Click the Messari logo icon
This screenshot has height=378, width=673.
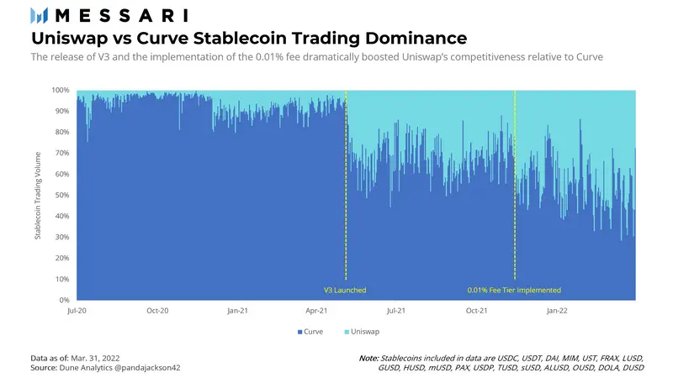click(39, 15)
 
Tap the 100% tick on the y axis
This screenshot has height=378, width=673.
click(61, 90)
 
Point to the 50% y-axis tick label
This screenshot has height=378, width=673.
click(62, 195)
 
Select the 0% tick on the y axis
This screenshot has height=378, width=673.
click(65, 300)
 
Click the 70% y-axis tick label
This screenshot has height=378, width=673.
click(62, 153)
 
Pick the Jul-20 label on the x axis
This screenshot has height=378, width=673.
click(77, 311)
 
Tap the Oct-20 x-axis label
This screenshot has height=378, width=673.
click(156, 311)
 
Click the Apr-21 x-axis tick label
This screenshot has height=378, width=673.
click(316, 311)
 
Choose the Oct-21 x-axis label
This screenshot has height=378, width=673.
click(476, 311)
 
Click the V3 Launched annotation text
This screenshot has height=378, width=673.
click(345, 290)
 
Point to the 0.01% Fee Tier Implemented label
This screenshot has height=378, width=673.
click(514, 290)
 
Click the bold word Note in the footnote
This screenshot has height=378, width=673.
click(368, 358)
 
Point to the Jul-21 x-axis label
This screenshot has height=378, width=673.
click(396, 311)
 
